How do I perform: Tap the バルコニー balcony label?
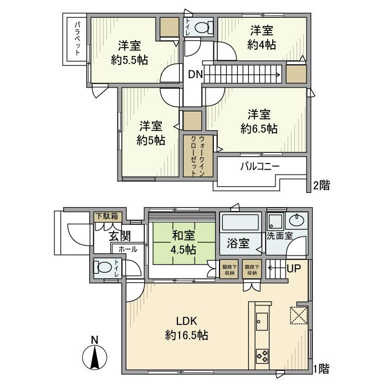click(259, 166)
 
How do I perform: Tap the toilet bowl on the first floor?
click(104, 268)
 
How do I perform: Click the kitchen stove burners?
click(262, 354)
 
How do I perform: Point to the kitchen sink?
click(261, 320)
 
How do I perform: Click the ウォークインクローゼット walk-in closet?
click(194, 155)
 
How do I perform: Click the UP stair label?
click(293, 269)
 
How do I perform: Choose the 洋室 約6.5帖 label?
click(259, 121)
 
